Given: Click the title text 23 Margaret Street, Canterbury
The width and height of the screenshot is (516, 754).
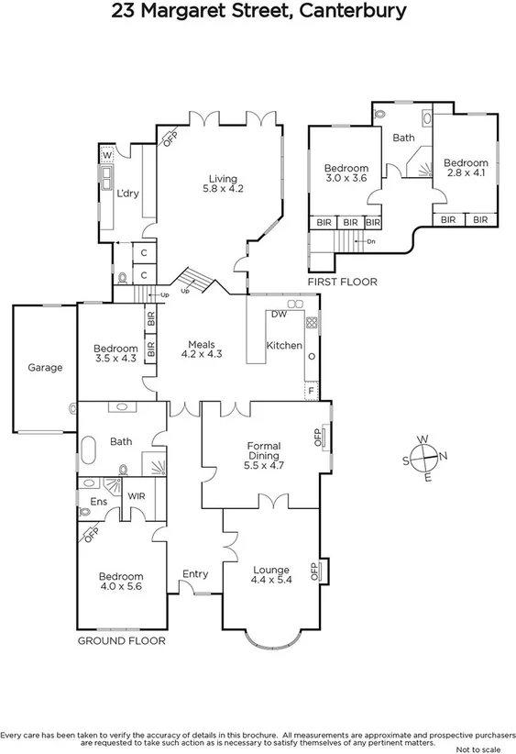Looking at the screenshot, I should pyautogui.click(x=258, y=13).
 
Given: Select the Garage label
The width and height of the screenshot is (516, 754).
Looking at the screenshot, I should pyautogui.click(x=45, y=368).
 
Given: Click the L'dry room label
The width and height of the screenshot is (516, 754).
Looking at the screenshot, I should pyautogui.click(x=126, y=193).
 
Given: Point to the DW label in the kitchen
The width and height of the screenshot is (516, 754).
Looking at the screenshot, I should pyautogui.click(x=280, y=315).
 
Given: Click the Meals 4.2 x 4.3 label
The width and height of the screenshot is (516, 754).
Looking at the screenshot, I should pyautogui.click(x=202, y=348).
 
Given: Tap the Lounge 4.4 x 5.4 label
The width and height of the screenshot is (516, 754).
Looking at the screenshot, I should pyautogui.click(x=270, y=575).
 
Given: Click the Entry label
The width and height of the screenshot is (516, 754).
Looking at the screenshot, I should pyautogui.click(x=195, y=574).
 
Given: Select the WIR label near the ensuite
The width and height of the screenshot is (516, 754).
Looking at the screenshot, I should pyautogui.click(x=137, y=496).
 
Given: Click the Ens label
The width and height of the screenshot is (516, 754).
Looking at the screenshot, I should pyautogui.click(x=98, y=502).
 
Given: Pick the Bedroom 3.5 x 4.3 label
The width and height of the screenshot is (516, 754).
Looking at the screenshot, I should pyautogui.click(x=115, y=354).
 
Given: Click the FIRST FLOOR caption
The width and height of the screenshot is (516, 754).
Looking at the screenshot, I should pyautogui.click(x=342, y=282).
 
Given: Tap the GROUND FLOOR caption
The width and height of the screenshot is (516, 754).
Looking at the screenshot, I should pyautogui.click(x=121, y=640).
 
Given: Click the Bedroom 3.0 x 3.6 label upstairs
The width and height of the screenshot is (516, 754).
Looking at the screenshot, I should pyautogui.click(x=346, y=173).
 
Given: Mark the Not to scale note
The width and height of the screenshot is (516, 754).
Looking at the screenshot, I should pyautogui.click(x=486, y=748).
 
